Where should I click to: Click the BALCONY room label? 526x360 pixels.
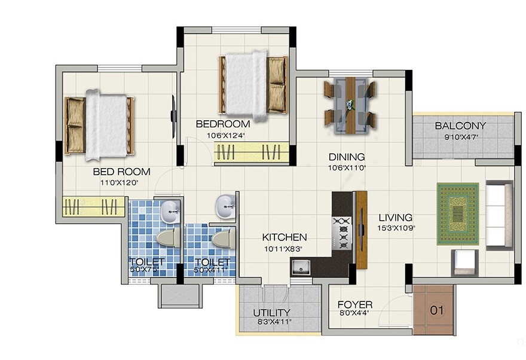pos(460,126)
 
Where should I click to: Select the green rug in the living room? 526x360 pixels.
pos(458,213)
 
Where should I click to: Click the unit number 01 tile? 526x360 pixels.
pos(438,310)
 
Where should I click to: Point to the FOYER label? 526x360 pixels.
pos(355,304)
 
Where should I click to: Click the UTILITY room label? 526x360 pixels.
pos(271,312)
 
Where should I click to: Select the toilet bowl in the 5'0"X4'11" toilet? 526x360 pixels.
pos(222,239)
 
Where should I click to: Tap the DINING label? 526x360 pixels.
pos(347,157)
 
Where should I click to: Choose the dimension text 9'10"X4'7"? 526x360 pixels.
pos(460,136)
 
